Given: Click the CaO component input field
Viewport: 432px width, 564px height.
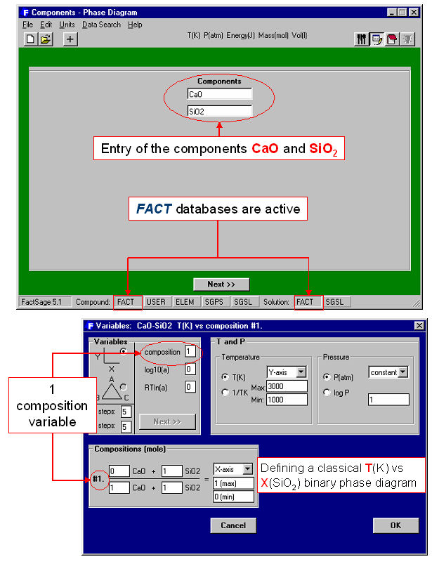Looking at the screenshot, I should pyautogui.click(x=219, y=93).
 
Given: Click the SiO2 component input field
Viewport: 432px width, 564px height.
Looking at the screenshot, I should pyautogui.click(x=219, y=110).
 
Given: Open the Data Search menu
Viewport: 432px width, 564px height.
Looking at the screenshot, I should pyautogui.click(x=101, y=25).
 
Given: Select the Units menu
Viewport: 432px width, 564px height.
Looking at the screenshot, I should pyautogui.click(x=67, y=25).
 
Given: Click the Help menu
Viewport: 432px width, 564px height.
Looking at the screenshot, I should pyautogui.click(x=135, y=25).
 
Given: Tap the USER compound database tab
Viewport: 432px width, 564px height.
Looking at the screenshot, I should pyautogui.click(x=156, y=302).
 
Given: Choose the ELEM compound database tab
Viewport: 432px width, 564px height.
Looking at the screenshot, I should pyautogui.click(x=185, y=302).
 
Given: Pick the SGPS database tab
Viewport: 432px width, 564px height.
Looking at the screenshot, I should pyautogui.click(x=214, y=302).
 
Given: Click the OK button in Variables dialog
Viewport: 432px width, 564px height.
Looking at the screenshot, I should pyautogui.click(x=395, y=525).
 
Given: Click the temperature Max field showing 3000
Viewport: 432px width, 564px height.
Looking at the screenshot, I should pyautogui.click(x=287, y=386).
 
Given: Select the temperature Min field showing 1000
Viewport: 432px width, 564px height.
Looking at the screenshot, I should pyautogui.click(x=287, y=399).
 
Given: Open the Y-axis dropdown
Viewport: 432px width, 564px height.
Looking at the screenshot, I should pyautogui.click(x=286, y=372).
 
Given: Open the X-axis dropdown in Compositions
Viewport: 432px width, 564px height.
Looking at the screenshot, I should pyautogui.click(x=233, y=468).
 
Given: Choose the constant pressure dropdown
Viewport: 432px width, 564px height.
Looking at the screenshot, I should pyautogui.click(x=388, y=372).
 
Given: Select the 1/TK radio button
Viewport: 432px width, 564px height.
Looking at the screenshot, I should pyautogui.click(x=225, y=392).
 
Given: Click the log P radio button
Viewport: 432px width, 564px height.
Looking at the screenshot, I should pyautogui.click(x=327, y=392).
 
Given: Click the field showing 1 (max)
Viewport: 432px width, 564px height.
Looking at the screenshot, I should pyautogui.click(x=233, y=483).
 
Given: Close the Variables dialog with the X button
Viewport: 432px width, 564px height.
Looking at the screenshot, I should pyautogui.click(x=419, y=325).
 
